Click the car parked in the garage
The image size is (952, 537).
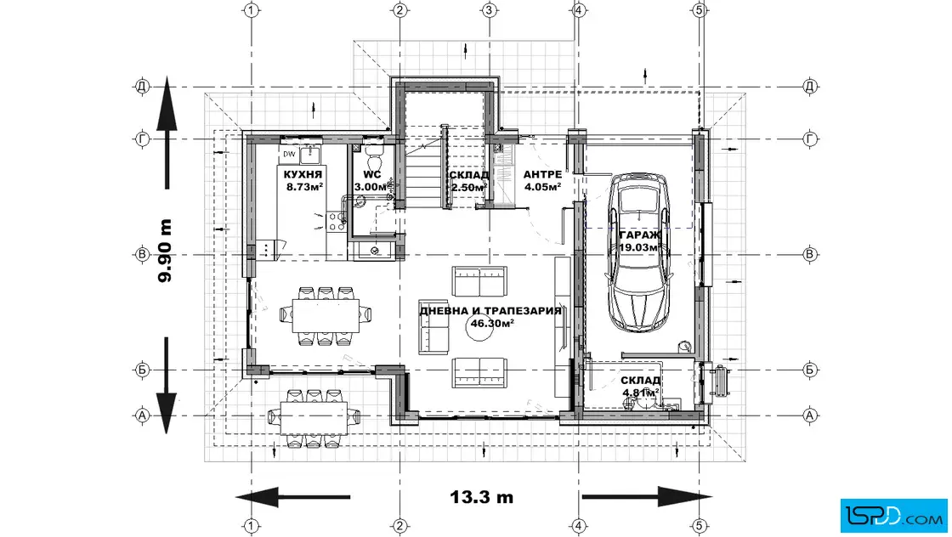click(x=640, y=254)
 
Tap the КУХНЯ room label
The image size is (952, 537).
click(x=303, y=175)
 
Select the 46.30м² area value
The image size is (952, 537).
click(x=492, y=324)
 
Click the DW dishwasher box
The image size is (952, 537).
click(x=290, y=154)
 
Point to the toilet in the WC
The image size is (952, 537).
click(x=373, y=158)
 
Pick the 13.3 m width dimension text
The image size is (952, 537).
click(x=481, y=497)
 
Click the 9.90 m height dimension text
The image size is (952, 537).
click(x=165, y=251)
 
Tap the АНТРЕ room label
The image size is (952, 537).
click(x=542, y=175)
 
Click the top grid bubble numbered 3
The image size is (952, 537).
click(x=490, y=10)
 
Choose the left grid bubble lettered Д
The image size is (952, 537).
click(x=142, y=87)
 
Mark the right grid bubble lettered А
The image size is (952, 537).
click(x=810, y=415)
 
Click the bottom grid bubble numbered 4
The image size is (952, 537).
click(x=579, y=526)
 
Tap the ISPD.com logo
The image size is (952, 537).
click(x=893, y=516)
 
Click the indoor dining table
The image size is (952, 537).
click(x=326, y=315)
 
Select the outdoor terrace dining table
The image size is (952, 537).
click(x=314, y=417)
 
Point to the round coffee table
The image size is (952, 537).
click(x=479, y=327)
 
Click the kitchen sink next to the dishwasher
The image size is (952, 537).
click(x=309, y=154)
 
